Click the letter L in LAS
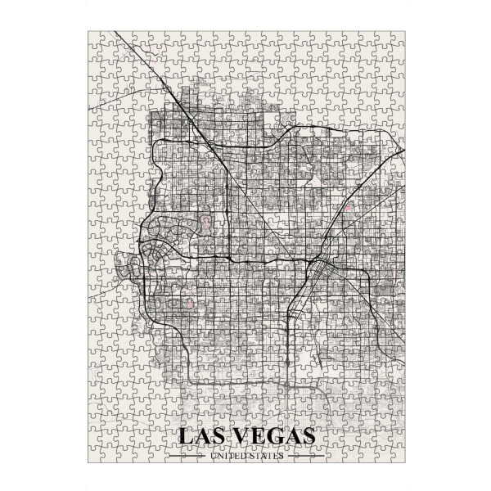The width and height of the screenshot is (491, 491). tap(185, 436)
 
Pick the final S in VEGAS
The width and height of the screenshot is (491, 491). tap(306, 436)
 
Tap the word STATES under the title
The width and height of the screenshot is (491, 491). tap(266, 456)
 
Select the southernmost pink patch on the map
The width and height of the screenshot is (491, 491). tap(190, 304)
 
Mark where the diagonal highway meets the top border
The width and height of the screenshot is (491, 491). tap(115, 33)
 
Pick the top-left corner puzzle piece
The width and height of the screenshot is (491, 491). tap(95, 38)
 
